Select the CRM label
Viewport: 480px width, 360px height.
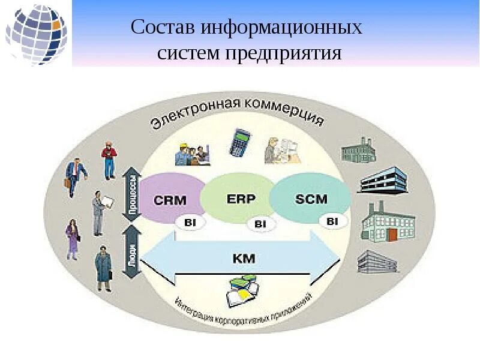(x=170, y=200)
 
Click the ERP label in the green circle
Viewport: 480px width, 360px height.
(x=241, y=198)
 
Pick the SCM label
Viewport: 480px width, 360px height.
(x=311, y=199)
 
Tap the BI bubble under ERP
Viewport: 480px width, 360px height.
(x=260, y=224)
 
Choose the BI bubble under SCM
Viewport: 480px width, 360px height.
(x=332, y=221)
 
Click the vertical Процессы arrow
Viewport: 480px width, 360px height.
(x=132, y=194)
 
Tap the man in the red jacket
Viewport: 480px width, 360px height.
(x=109, y=160)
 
